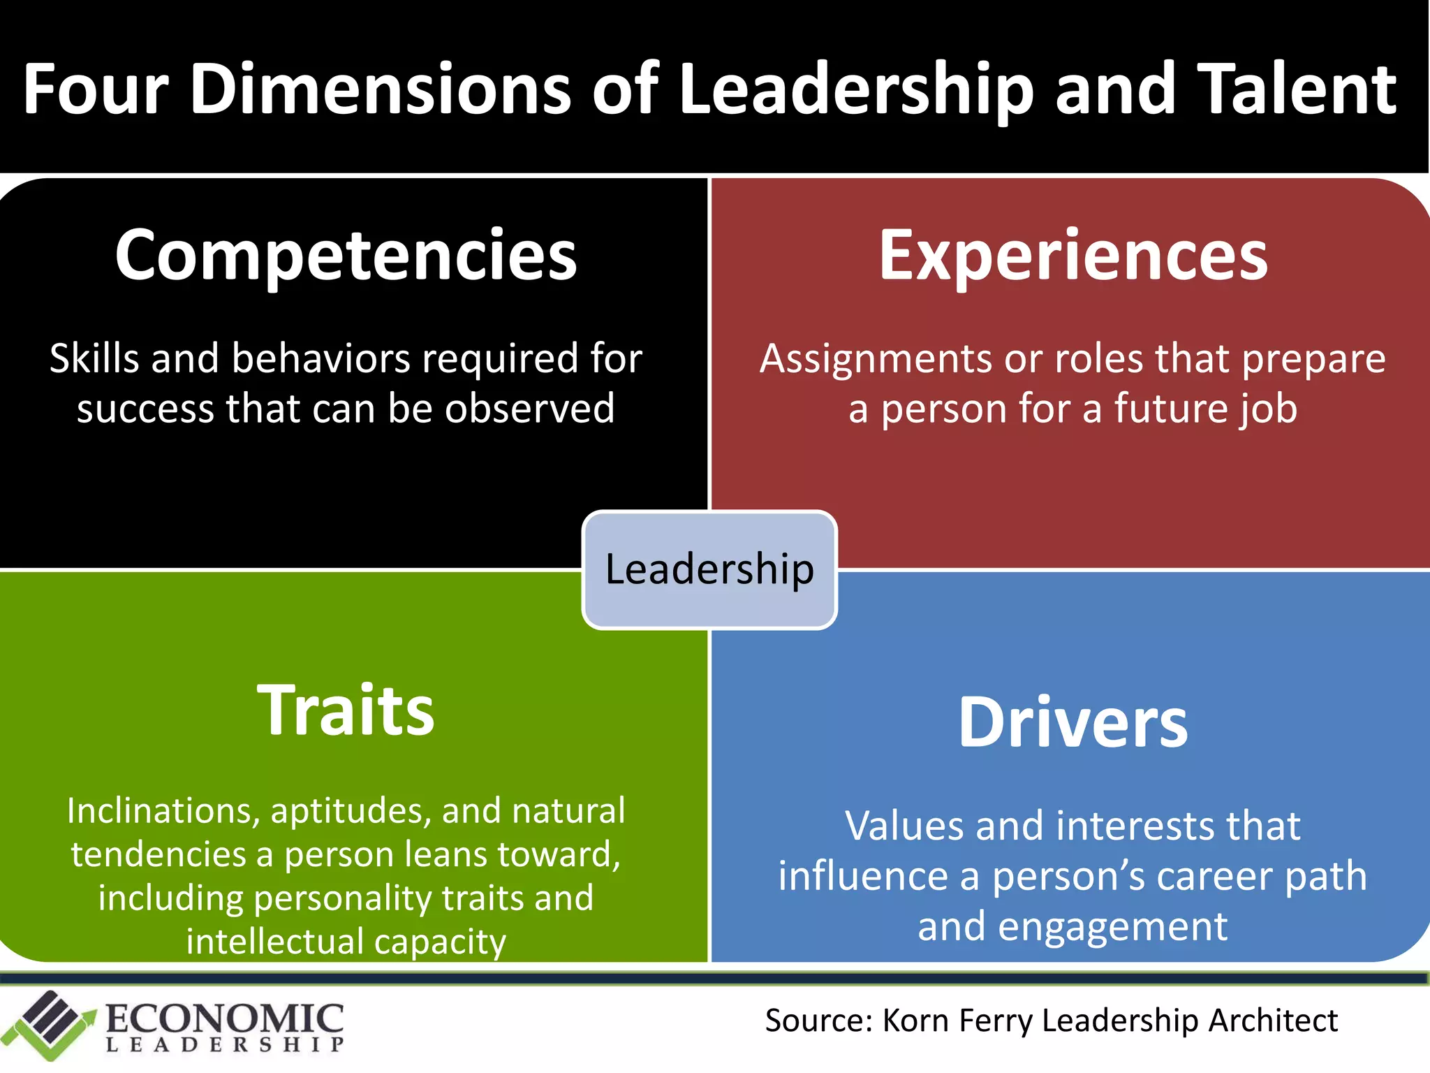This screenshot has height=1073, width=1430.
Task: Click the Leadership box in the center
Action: pos(709,569)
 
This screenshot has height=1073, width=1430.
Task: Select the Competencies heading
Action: pos(346,256)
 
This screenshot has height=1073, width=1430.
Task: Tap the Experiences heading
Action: pos(1073,256)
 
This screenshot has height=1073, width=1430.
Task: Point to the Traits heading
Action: pos(346,710)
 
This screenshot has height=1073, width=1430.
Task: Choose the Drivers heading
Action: pos(1073,722)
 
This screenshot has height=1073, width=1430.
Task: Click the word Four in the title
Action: pos(96,89)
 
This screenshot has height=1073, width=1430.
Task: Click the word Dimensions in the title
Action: pos(381,89)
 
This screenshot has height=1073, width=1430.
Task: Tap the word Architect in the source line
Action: pos(1273,1021)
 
